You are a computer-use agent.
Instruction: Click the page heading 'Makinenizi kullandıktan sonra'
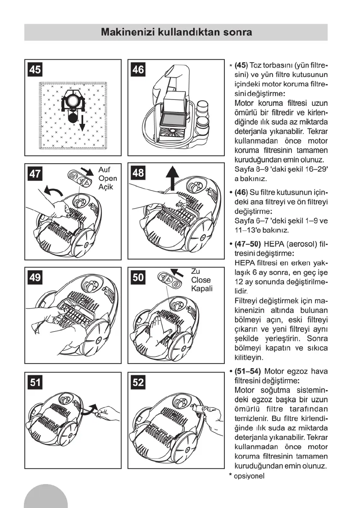[176, 32]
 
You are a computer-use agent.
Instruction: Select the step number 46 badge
[138, 69]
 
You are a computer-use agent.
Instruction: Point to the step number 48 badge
[138, 173]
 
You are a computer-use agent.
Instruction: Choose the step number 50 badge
[138, 277]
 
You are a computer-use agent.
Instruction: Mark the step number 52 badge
[138, 382]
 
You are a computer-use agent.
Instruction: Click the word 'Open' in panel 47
[108, 178]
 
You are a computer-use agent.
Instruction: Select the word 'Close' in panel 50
[201, 280]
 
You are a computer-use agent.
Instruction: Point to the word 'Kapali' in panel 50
[202, 288]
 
